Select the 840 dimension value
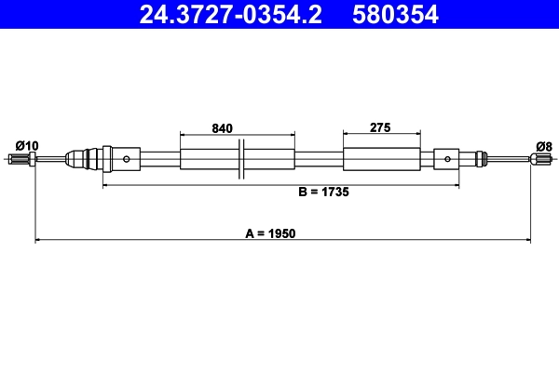pos(222,127)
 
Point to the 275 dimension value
pos(379,127)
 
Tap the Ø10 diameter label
pos(27,145)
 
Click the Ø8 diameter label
pos(544,145)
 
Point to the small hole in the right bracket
pos(448,159)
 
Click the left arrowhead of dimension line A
pos(38,241)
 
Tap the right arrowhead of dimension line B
pos(456,186)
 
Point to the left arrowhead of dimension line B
pos(105,186)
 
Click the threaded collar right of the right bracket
pos(480,159)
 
